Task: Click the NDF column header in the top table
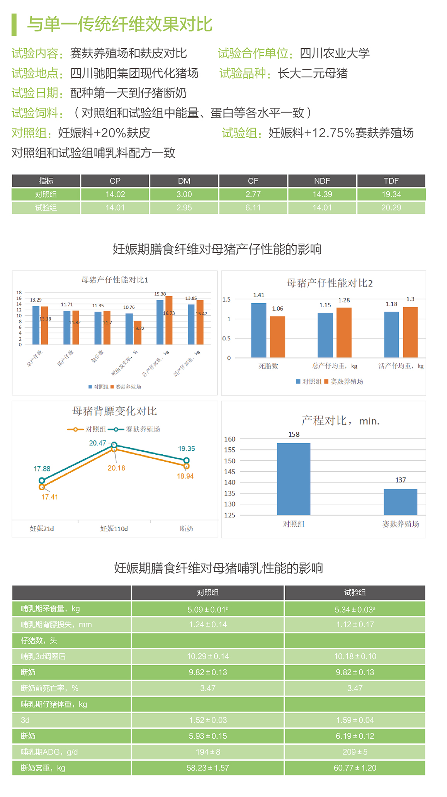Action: pos(322,181)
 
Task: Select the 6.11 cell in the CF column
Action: pos(253,207)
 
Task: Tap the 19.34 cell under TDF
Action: pos(391,194)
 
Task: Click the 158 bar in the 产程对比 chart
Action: pos(294,479)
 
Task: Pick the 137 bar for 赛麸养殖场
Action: pos(400,502)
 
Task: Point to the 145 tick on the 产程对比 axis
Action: pos(229,472)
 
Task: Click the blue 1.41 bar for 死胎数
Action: pos(258,330)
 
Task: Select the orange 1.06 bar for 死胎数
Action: pos(277,337)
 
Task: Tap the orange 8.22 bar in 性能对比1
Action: pos(138,333)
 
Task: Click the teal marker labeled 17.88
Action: pos(42,481)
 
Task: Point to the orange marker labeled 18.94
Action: pos(186,466)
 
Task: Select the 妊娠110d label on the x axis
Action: pos(114,529)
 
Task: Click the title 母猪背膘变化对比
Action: pos(114,411)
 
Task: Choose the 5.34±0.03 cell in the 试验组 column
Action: pos(355,610)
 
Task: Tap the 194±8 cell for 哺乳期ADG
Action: pos(208,752)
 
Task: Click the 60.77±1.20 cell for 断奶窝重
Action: pos(355,768)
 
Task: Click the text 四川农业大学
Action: pos(335,53)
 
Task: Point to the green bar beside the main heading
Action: pos(14,25)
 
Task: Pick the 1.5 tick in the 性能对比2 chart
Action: pos(226,299)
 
